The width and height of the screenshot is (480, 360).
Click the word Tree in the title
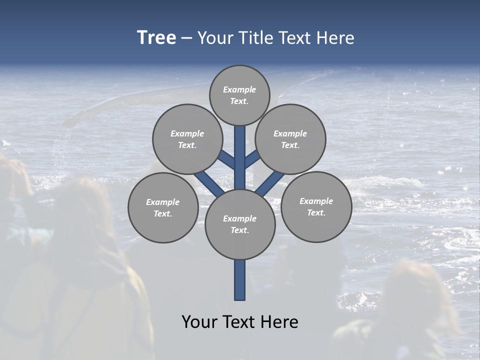156,37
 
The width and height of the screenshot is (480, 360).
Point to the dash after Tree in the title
186,38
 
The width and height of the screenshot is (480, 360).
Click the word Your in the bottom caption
199,322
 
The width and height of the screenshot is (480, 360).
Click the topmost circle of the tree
239,95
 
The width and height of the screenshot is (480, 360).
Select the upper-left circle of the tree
187,139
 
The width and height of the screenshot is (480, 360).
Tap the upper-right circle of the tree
290,139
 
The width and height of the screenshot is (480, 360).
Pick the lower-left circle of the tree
163,207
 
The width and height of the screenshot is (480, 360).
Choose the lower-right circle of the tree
316,206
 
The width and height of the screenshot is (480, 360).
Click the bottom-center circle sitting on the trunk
240,224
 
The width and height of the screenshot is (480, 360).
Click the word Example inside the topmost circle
239,89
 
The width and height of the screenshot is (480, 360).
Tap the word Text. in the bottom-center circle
239,230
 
